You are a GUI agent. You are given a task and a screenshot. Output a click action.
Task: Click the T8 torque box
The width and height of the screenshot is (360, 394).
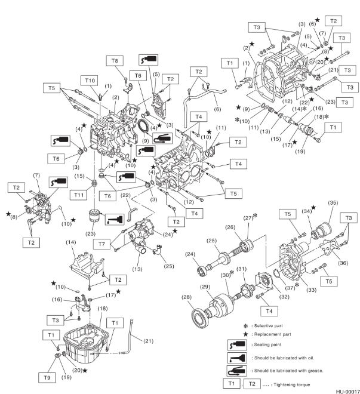click(x=115, y=61)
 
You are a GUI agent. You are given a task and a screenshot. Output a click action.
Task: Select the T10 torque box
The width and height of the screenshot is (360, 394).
click(x=90, y=81)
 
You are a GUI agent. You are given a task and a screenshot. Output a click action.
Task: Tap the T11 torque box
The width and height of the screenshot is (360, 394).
click(x=79, y=195)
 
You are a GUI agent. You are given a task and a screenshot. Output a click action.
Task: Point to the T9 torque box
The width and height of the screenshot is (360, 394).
click(x=47, y=378)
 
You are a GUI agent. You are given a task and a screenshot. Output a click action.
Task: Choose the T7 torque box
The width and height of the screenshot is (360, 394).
click(x=101, y=244)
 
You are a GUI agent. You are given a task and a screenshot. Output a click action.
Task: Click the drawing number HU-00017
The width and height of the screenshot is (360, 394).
click(x=348, y=392)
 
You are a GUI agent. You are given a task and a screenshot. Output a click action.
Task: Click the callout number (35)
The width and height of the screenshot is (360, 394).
click(x=333, y=202)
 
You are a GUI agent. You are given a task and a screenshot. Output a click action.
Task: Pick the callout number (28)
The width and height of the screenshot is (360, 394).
click(x=186, y=297)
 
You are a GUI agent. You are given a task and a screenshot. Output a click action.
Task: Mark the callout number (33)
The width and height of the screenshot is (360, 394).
click(x=311, y=290)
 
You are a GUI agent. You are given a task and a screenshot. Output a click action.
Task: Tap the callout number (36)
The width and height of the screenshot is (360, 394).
click(x=343, y=263)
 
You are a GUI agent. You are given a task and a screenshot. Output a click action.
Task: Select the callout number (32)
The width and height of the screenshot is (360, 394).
click(x=284, y=297)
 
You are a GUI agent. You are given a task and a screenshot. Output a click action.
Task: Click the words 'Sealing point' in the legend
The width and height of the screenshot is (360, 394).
click(x=268, y=345)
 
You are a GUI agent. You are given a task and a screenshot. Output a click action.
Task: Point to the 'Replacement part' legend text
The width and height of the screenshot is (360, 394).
click(x=273, y=334)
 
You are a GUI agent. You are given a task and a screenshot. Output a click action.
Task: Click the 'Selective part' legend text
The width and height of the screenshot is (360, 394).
click(x=269, y=326)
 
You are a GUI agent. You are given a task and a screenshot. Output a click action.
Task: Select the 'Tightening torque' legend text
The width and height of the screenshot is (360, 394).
click(x=292, y=384)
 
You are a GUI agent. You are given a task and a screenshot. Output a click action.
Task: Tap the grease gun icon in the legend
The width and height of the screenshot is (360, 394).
click(x=236, y=371)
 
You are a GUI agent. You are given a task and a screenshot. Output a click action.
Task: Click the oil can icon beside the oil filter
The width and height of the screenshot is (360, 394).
click(x=115, y=219)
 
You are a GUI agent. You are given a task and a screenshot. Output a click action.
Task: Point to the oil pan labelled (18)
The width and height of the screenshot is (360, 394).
click(x=87, y=343)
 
